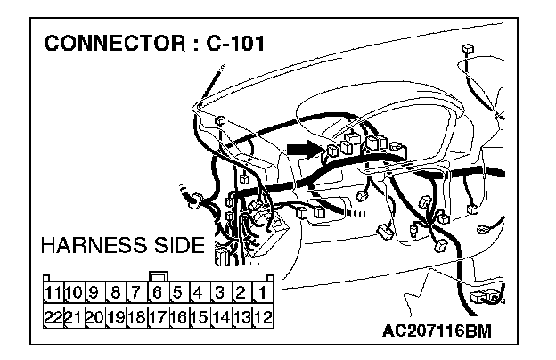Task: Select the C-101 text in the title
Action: point(234,44)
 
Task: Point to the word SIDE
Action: point(176,244)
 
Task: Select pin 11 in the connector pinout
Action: point(52,291)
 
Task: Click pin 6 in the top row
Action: point(156,291)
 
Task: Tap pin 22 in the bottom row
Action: point(52,314)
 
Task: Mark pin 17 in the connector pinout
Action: point(157,314)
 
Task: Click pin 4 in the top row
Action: point(200,291)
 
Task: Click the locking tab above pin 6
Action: point(157,275)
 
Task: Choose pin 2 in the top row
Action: point(242,291)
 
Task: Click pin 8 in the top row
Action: point(114,291)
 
